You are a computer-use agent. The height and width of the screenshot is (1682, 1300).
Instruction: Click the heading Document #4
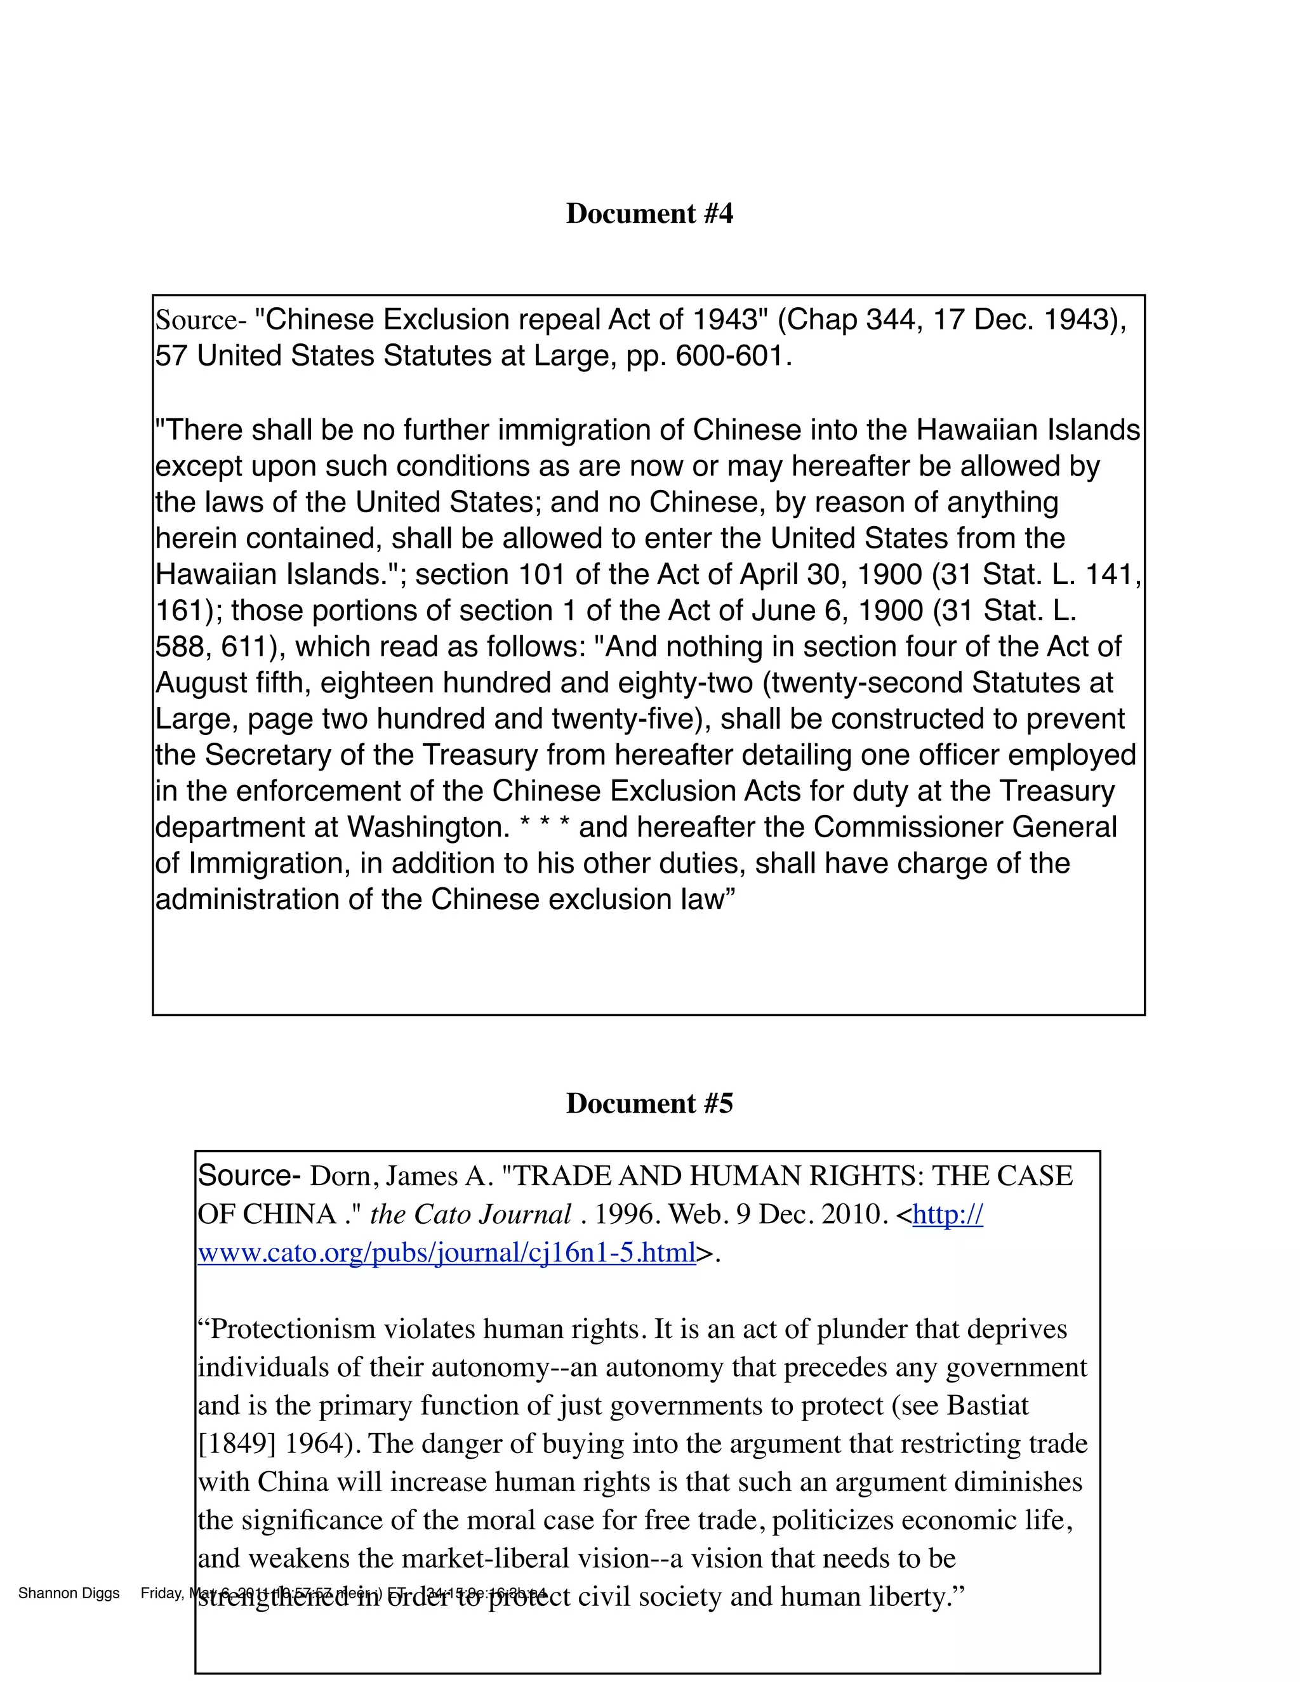point(649,213)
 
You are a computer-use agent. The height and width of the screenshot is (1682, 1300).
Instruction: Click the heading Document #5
point(649,1103)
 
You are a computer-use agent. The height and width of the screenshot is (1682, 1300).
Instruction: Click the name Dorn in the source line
point(339,1176)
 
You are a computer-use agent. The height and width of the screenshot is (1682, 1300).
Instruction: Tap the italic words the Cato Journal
point(470,1214)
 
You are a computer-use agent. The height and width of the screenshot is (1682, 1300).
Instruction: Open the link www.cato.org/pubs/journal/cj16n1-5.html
point(447,1253)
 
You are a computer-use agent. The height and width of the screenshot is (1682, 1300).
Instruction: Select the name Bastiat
point(987,1405)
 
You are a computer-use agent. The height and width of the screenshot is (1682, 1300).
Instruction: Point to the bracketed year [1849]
point(236,1444)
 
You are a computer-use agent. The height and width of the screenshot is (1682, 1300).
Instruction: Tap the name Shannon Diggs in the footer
point(69,1593)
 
